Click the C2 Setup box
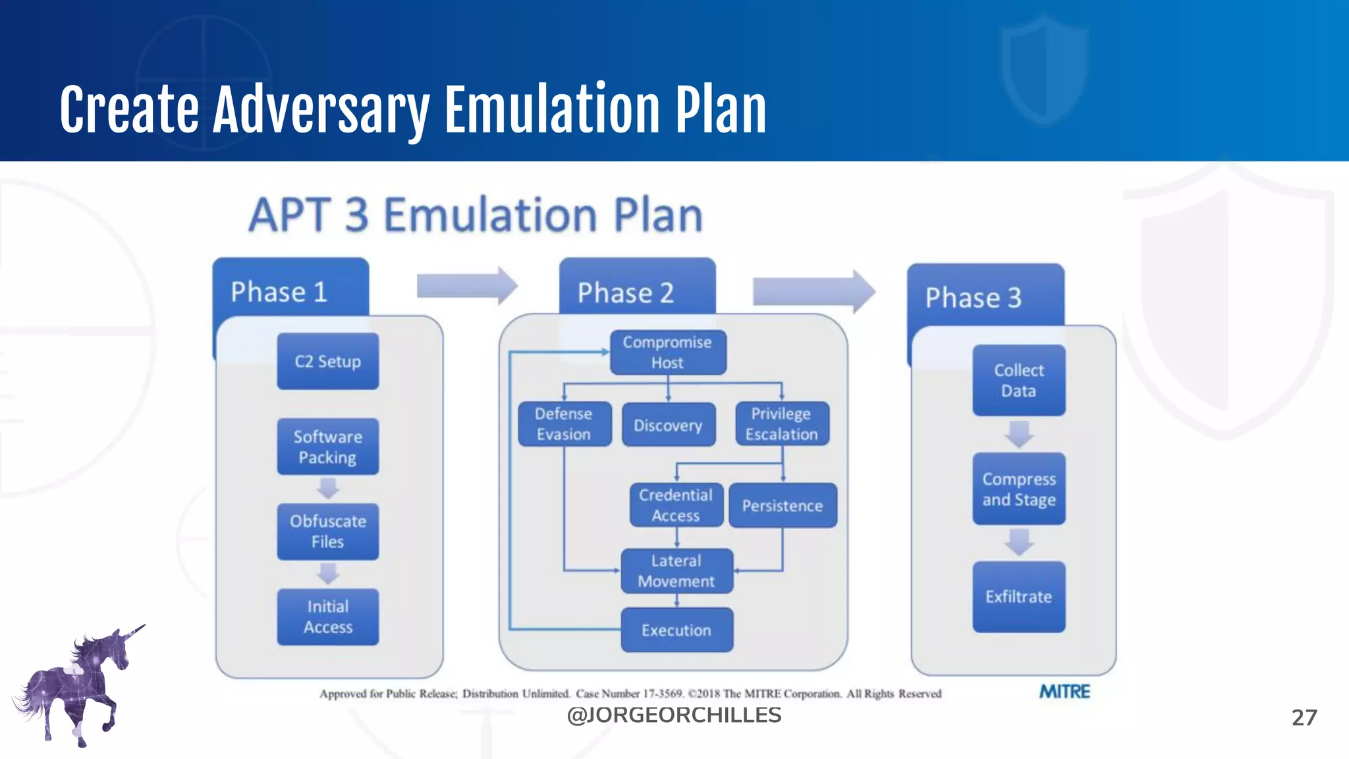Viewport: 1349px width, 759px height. click(327, 361)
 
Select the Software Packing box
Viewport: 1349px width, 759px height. click(327, 447)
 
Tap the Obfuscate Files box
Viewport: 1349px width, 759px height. click(327, 532)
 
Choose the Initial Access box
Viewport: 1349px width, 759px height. click(327, 617)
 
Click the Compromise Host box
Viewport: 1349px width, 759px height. click(667, 352)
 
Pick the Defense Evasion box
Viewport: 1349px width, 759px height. click(564, 424)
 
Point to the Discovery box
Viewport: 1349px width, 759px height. click(668, 425)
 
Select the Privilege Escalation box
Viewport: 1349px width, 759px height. click(781, 424)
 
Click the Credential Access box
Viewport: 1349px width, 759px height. click(676, 505)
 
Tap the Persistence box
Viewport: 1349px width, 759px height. click(783, 506)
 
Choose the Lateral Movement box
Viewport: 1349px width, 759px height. click(676, 571)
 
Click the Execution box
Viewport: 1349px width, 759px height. click(676, 631)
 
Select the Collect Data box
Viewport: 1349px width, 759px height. click(1018, 381)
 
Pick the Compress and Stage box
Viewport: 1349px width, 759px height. click(1018, 489)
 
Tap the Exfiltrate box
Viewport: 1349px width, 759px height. click(1018, 597)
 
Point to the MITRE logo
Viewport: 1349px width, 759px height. click(1064, 692)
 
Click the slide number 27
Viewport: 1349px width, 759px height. click(1304, 717)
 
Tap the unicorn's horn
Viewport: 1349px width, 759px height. click(134, 631)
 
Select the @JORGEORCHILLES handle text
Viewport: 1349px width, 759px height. click(674, 716)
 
